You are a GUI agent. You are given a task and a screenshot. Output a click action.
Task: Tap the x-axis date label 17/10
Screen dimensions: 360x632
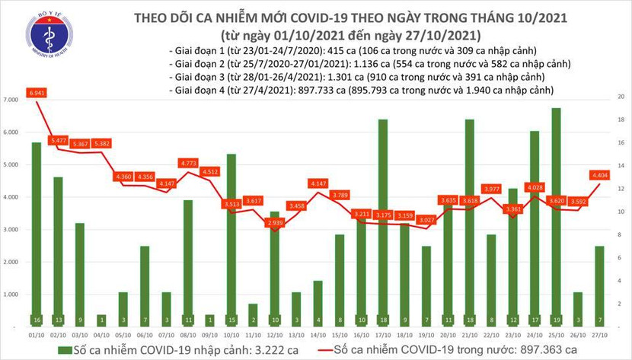pyautogui.click(x=383, y=334)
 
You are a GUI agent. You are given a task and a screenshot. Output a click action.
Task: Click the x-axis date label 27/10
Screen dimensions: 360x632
pyautogui.click(x=599, y=334)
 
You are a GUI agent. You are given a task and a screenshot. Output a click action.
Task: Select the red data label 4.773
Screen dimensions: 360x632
pyautogui.click(x=188, y=163)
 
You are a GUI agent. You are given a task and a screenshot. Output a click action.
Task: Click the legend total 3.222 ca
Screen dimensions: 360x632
pyautogui.click(x=224, y=349)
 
